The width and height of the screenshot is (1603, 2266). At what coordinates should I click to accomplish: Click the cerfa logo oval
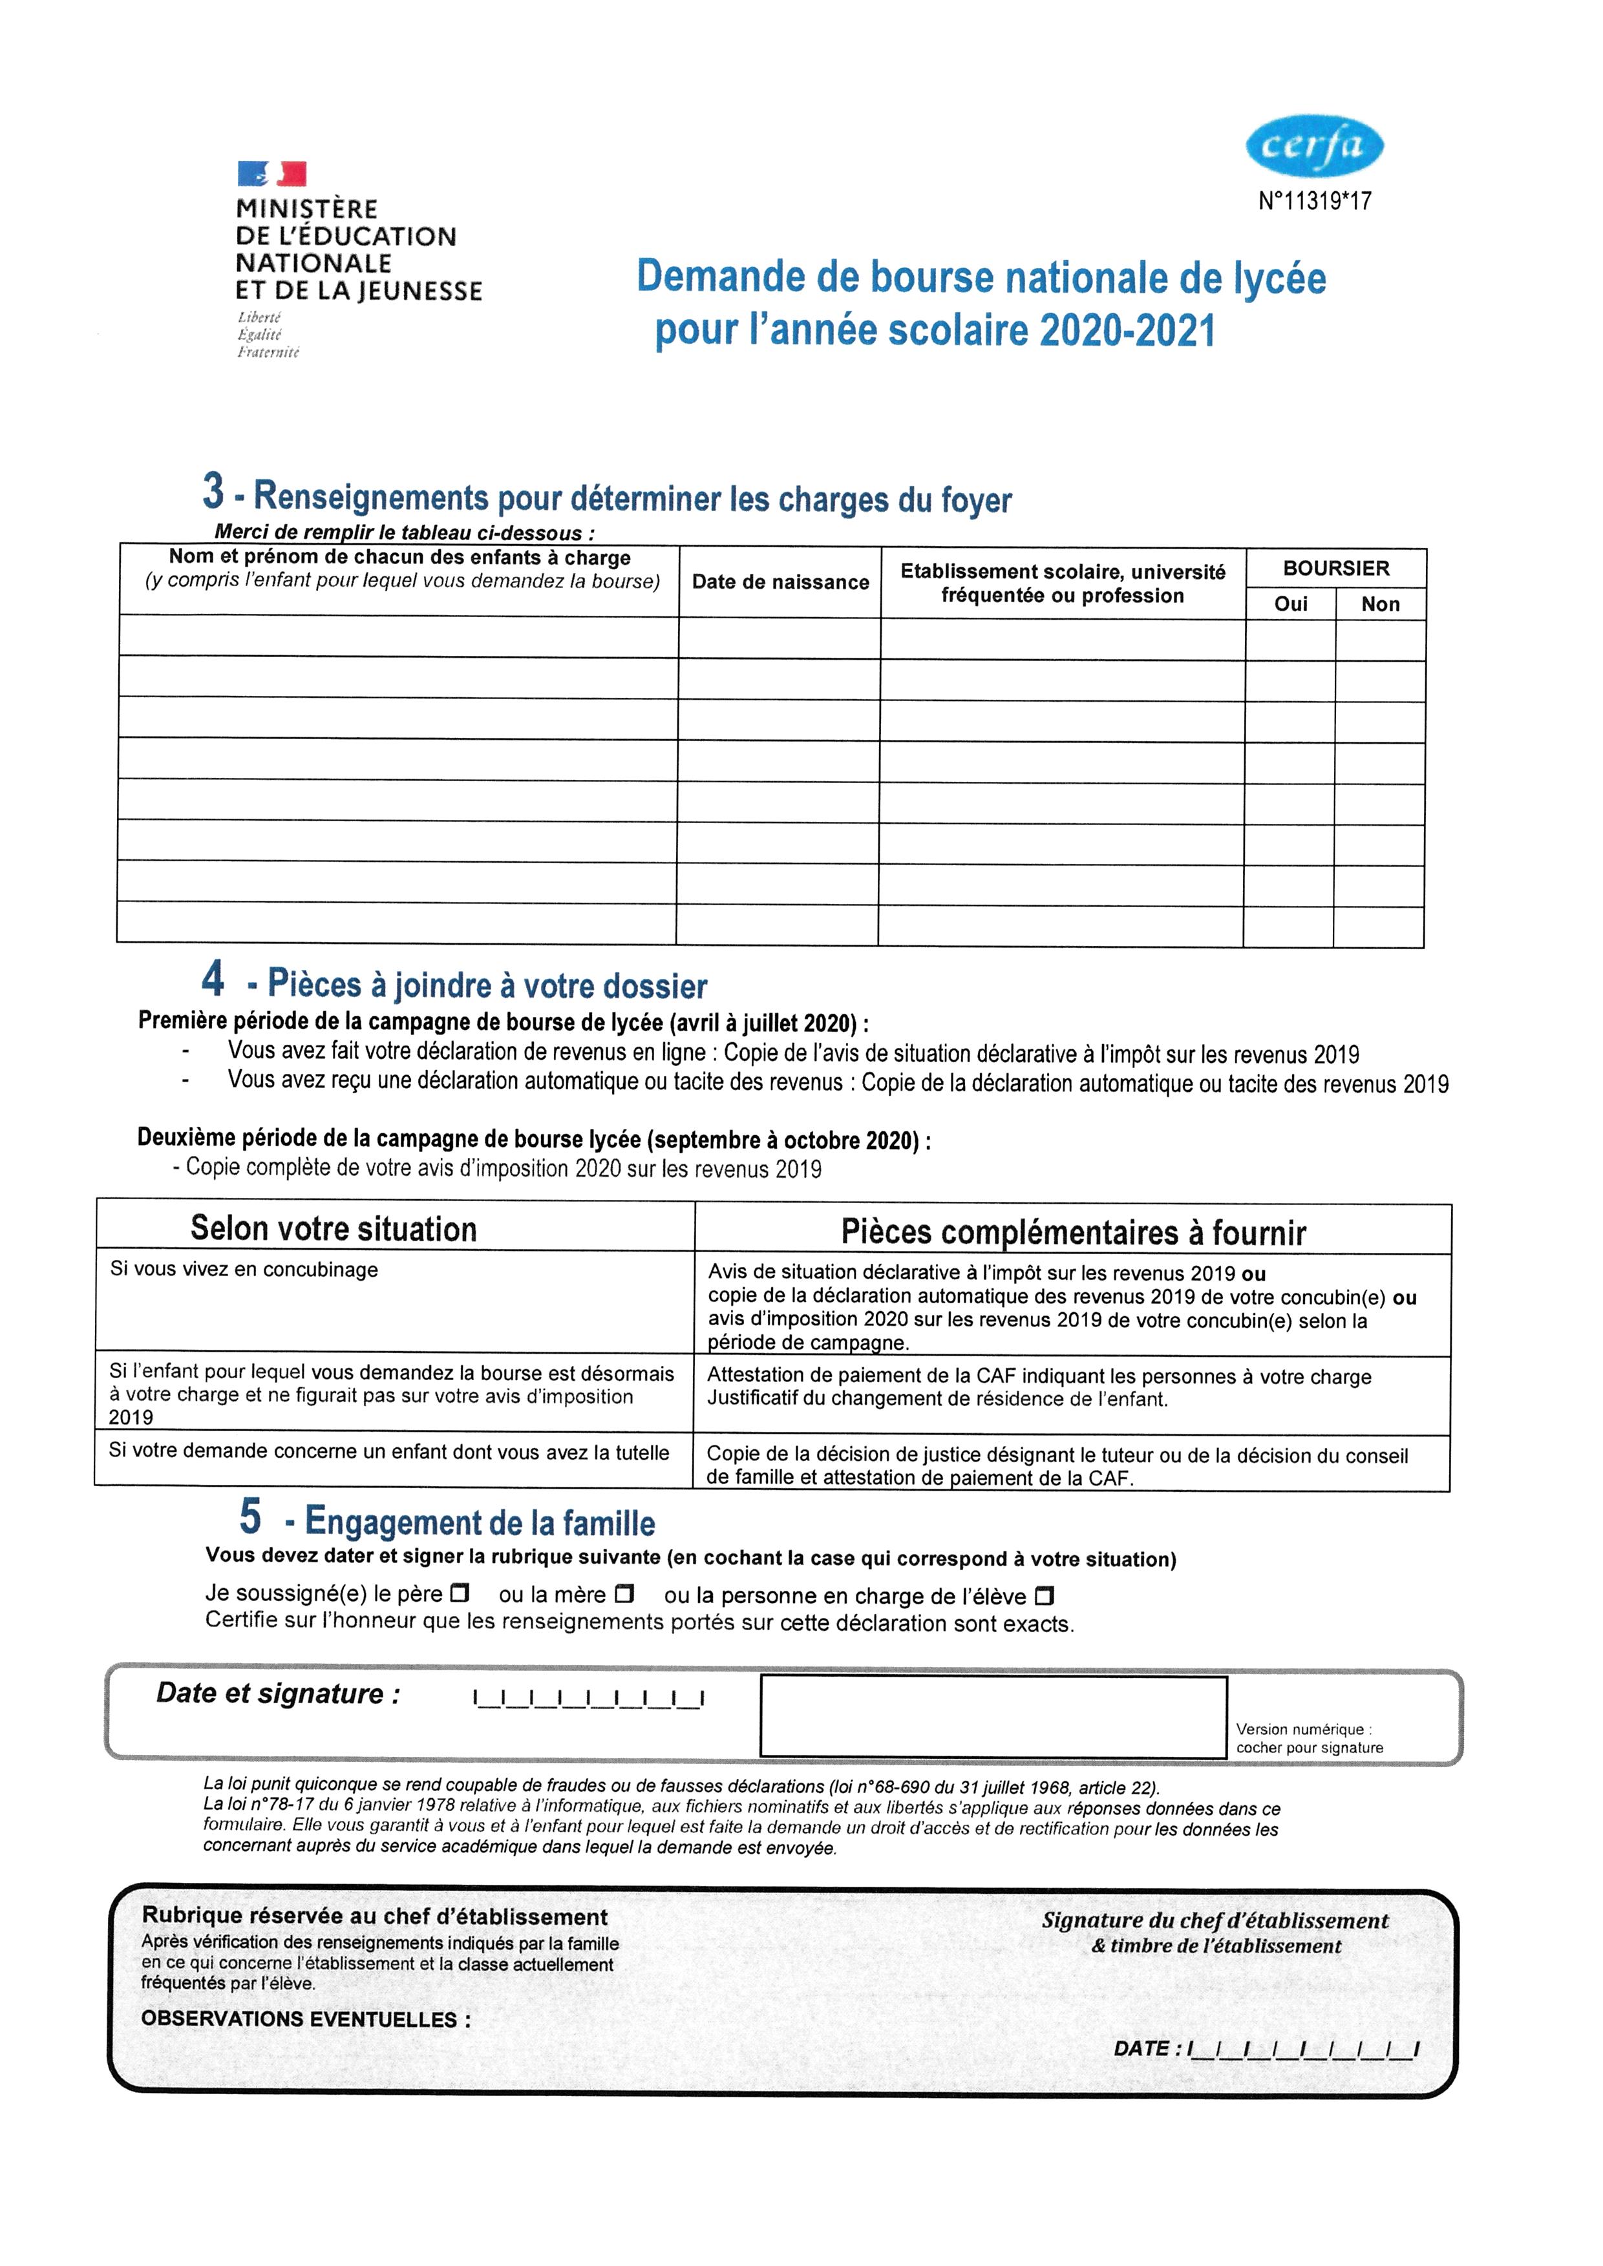point(1314,146)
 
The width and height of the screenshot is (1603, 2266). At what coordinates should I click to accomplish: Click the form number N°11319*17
point(1315,200)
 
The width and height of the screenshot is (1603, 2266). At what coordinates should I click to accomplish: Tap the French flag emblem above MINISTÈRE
point(271,174)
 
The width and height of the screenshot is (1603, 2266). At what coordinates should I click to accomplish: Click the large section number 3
point(213,490)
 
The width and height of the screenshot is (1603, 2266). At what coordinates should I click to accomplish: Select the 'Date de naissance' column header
point(780,582)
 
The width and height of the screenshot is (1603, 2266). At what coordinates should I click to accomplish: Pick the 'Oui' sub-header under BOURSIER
point(1290,604)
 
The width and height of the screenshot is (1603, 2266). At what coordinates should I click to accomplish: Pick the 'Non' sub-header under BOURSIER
point(1380,604)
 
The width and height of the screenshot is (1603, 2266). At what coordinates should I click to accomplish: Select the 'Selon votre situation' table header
point(334,1229)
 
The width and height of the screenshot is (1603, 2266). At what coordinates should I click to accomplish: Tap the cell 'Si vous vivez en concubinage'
point(244,1269)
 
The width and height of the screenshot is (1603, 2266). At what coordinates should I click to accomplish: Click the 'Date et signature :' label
point(279,1694)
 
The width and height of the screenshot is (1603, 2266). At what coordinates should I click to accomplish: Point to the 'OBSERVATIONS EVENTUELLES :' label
point(306,2019)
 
